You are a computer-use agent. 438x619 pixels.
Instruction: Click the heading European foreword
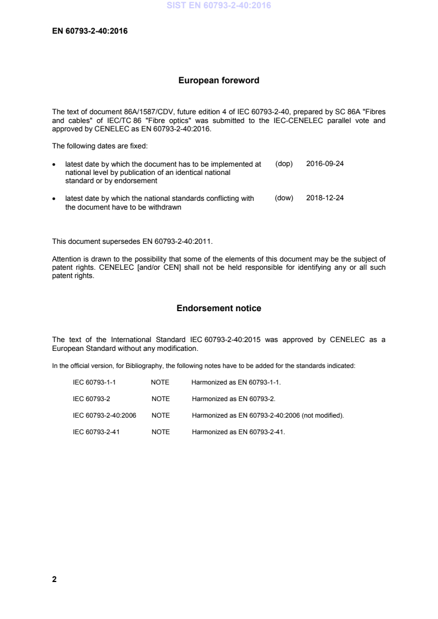tap(219, 81)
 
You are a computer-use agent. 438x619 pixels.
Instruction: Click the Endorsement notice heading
tap(219, 308)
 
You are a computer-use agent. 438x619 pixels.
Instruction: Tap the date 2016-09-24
tap(325, 164)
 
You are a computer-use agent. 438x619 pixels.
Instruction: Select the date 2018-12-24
tap(325, 198)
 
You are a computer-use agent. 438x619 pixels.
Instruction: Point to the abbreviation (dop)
tap(283, 164)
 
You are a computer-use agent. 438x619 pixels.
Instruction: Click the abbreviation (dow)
tap(284, 198)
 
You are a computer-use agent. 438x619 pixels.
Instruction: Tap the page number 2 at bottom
tap(54, 579)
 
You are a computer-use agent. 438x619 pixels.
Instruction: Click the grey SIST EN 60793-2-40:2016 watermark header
tap(219, 7)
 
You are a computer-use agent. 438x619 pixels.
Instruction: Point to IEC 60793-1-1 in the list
tap(94, 382)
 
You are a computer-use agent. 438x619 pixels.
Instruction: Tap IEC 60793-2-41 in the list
tap(96, 432)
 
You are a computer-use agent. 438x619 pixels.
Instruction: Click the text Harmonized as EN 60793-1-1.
tap(236, 382)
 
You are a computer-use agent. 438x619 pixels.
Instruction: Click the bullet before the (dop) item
tap(54, 164)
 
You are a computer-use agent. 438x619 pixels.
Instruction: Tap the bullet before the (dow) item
tap(54, 199)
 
